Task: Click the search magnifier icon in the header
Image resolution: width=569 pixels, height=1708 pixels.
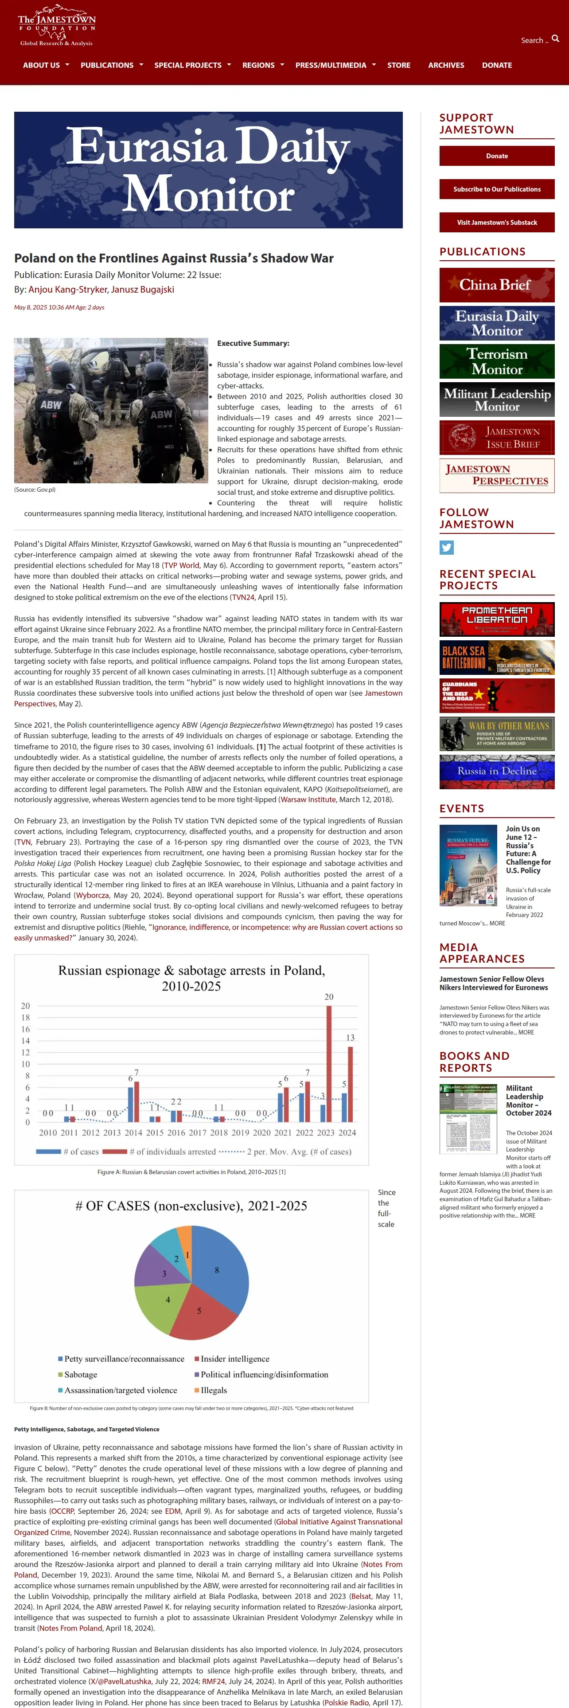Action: pos(555,39)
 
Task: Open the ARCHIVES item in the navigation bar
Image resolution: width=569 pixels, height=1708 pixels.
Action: pos(446,65)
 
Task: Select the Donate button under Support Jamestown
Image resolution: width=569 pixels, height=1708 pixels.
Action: pos(497,156)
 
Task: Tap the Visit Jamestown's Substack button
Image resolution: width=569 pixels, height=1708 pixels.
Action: pos(497,222)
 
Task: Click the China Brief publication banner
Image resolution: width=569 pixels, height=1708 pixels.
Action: pos(497,285)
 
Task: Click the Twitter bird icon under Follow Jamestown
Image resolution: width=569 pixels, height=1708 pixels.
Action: pos(446,547)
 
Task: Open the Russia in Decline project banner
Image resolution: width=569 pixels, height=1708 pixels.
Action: pos(497,771)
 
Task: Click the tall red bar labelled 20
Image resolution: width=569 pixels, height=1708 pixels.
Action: pos(329,1063)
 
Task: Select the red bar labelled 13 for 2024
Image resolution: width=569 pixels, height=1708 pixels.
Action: pos(351,1084)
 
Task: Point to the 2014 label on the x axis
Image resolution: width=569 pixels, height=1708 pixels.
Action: pos(133,1132)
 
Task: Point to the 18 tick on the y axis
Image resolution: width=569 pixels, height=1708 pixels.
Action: pos(26,1018)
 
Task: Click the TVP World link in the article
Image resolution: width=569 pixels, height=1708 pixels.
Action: pos(182,566)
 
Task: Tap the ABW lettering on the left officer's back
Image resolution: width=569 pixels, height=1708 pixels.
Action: pos(51,404)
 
